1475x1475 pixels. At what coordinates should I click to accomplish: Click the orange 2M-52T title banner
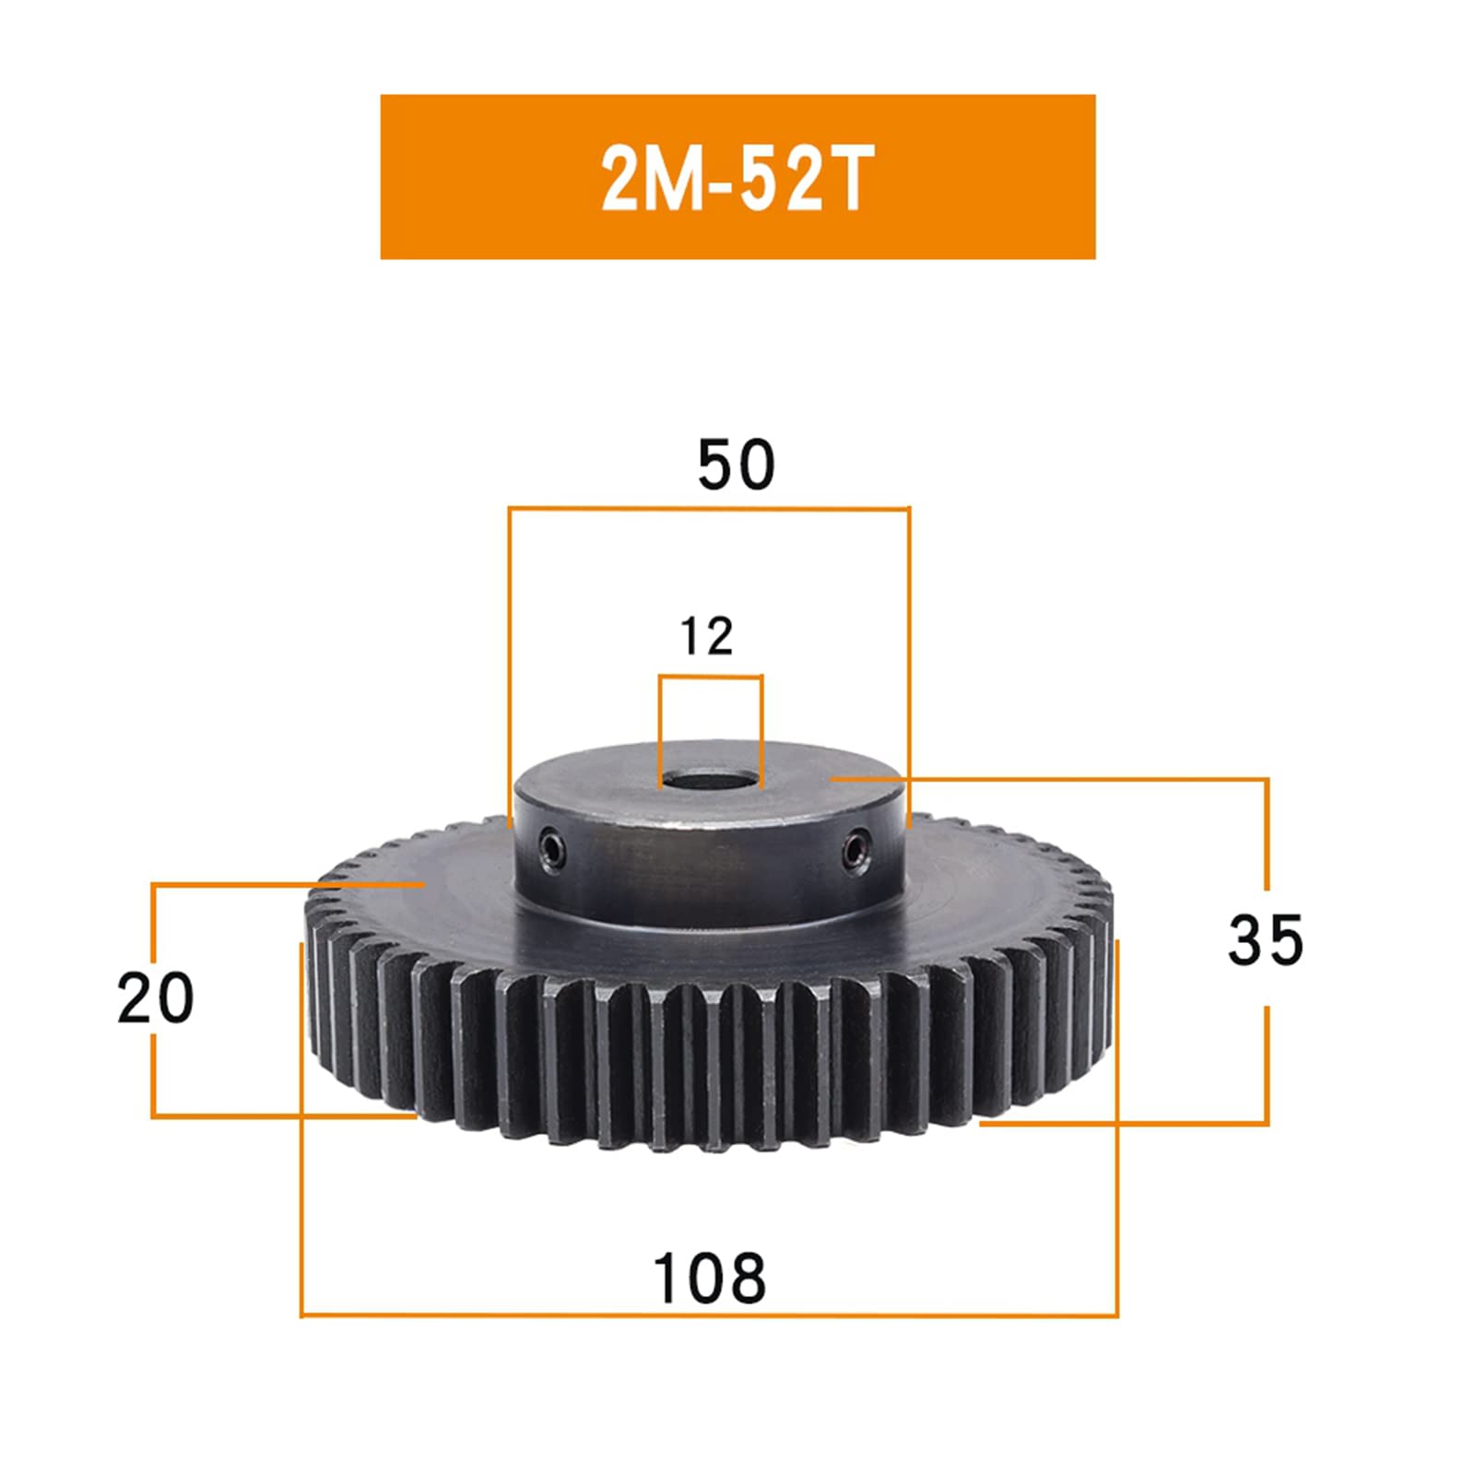[x=737, y=176]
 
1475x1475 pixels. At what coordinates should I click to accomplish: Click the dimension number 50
[x=737, y=465]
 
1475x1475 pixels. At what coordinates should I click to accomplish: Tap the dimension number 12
[x=707, y=636]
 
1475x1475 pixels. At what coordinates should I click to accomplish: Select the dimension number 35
[x=1266, y=939]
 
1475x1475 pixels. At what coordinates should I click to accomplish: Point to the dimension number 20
[x=156, y=998]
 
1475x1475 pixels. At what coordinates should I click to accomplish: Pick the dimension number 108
[x=709, y=1278]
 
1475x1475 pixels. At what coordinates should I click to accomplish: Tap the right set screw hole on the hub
[x=858, y=845]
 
